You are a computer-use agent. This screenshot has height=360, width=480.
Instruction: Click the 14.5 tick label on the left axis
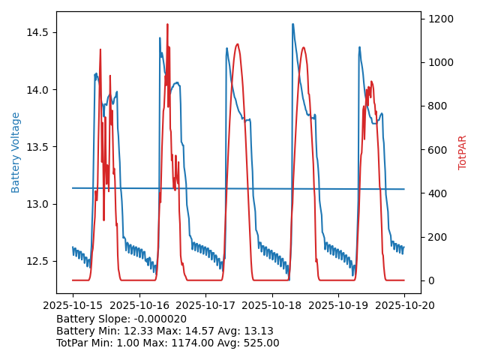[37, 32]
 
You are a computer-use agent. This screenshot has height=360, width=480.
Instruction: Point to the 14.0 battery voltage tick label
[37, 90]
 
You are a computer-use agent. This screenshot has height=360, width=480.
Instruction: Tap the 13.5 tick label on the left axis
[37, 147]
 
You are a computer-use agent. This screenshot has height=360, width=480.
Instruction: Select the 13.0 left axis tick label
[37, 204]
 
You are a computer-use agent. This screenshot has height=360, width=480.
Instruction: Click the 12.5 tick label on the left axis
[37, 261]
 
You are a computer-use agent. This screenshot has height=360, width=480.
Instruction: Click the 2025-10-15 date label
[72, 306]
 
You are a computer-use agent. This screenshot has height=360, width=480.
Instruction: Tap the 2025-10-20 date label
[404, 306]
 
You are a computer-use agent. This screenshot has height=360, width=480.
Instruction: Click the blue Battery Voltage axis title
[16, 152]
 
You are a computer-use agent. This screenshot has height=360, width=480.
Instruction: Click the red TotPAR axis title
[463, 152]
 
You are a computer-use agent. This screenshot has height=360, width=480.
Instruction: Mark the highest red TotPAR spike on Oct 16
[167, 24]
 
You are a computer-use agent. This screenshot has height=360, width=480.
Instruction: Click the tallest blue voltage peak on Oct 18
[292, 24]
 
